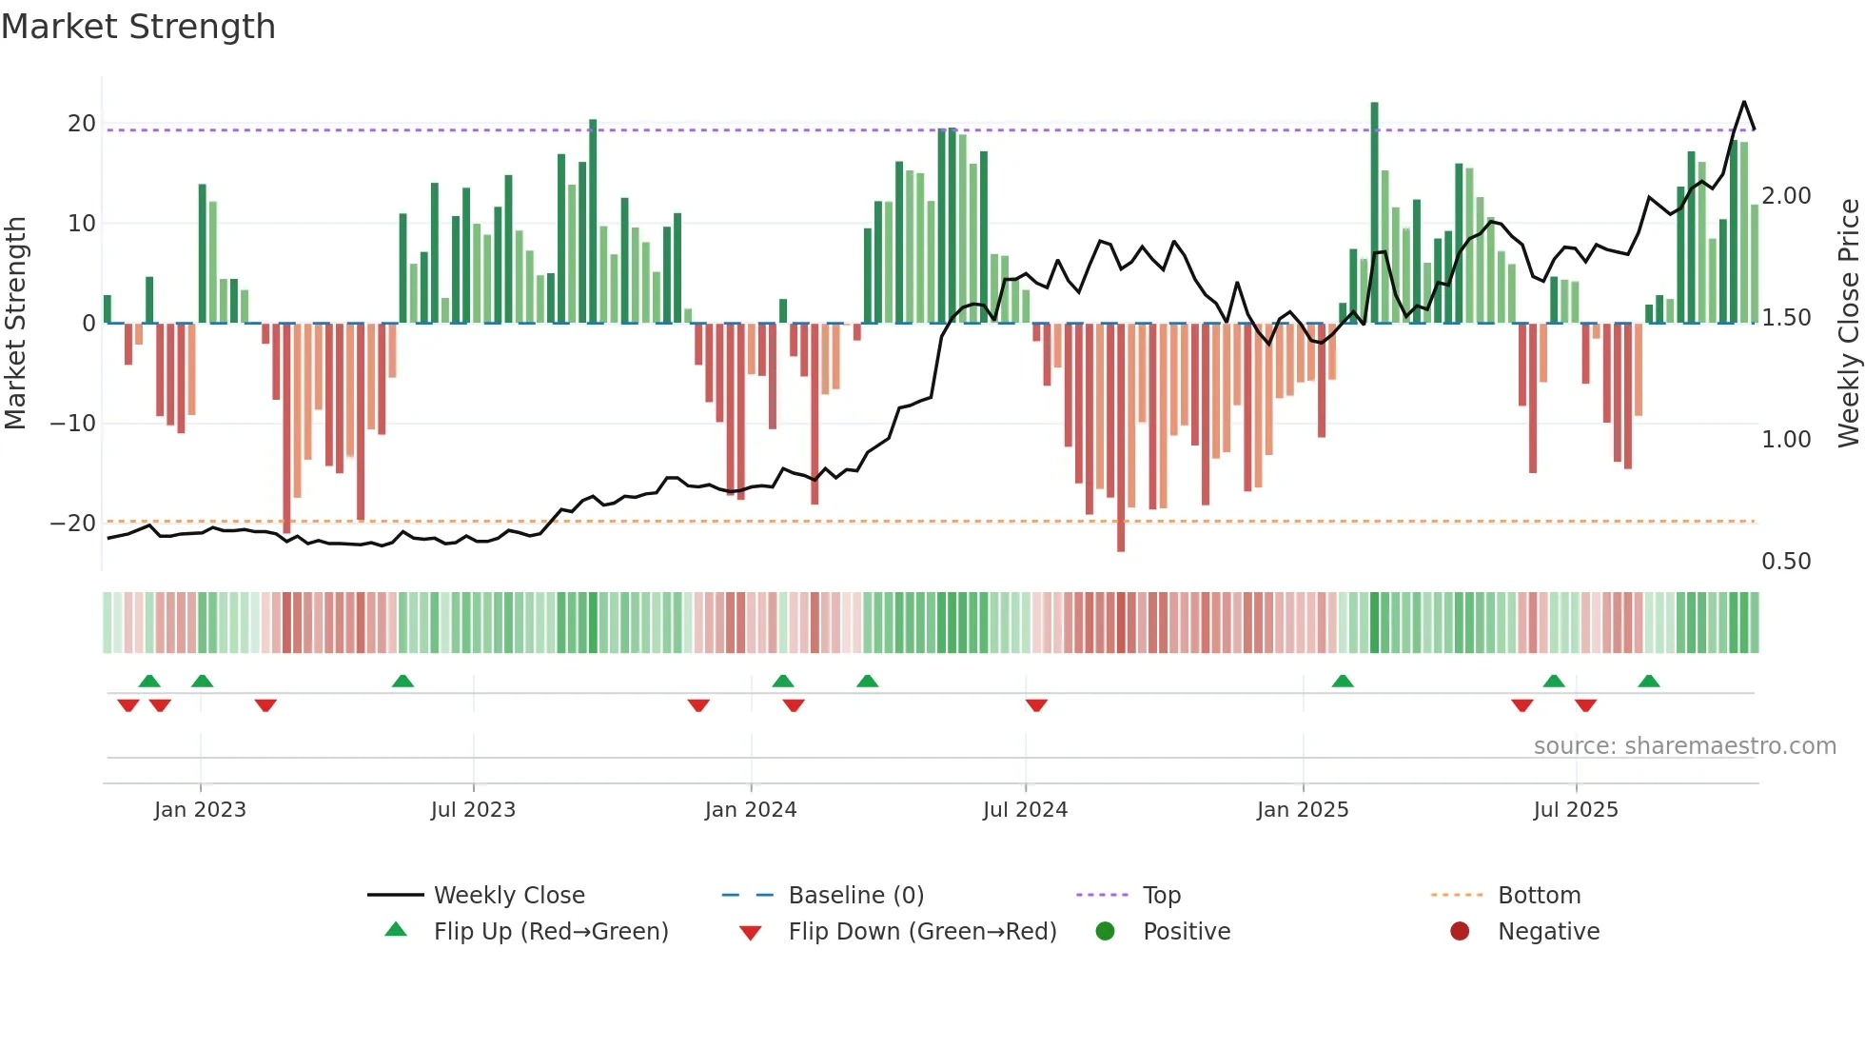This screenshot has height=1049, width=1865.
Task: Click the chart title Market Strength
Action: [138, 27]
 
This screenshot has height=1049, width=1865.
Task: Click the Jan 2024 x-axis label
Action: [750, 810]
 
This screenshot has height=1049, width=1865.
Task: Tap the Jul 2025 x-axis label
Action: [1575, 810]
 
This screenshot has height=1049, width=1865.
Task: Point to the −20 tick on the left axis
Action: [73, 523]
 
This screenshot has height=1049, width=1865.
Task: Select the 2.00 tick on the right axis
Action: [1786, 196]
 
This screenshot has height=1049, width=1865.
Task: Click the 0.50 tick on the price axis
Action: [1786, 562]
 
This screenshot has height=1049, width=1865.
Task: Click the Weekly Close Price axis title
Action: [1848, 324]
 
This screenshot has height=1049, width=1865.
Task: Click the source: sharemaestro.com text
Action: [1684, 746]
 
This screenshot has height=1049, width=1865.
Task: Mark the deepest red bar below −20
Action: [1121, 438]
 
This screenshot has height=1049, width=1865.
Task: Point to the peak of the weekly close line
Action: [1743, 102]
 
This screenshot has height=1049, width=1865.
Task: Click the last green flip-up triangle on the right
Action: [1649, 681]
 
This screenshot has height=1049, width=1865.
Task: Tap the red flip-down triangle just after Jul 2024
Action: [1036, 705]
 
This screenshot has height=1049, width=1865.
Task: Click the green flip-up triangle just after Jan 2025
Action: [1343, 681]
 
